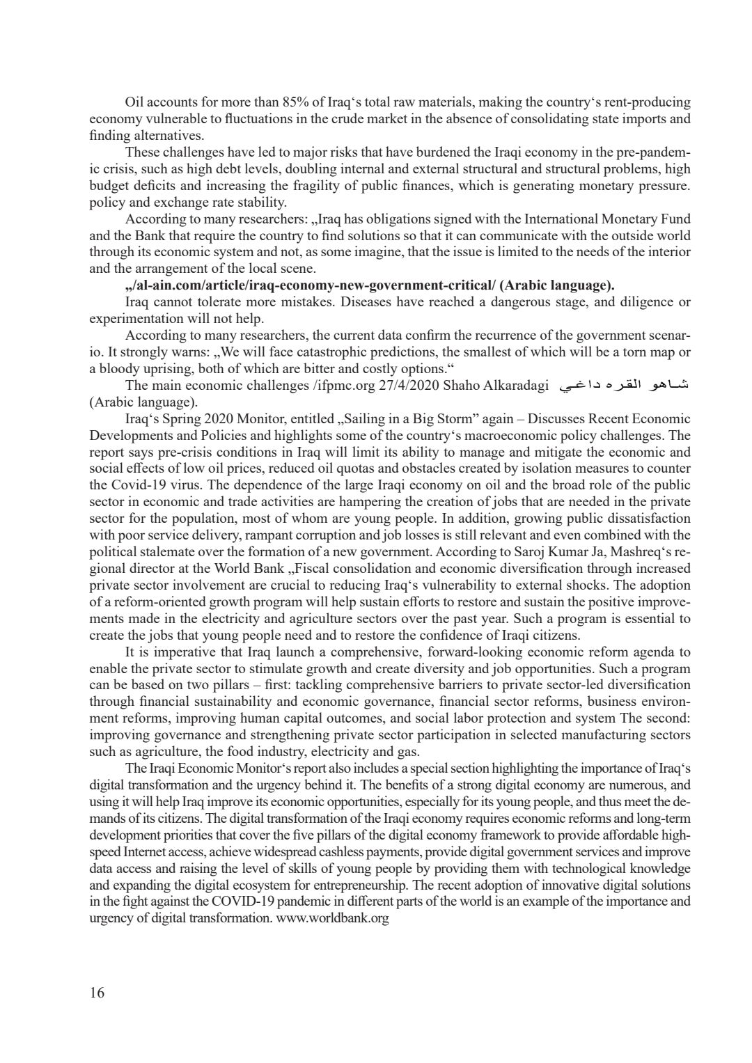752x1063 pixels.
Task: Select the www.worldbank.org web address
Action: (333, 919)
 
